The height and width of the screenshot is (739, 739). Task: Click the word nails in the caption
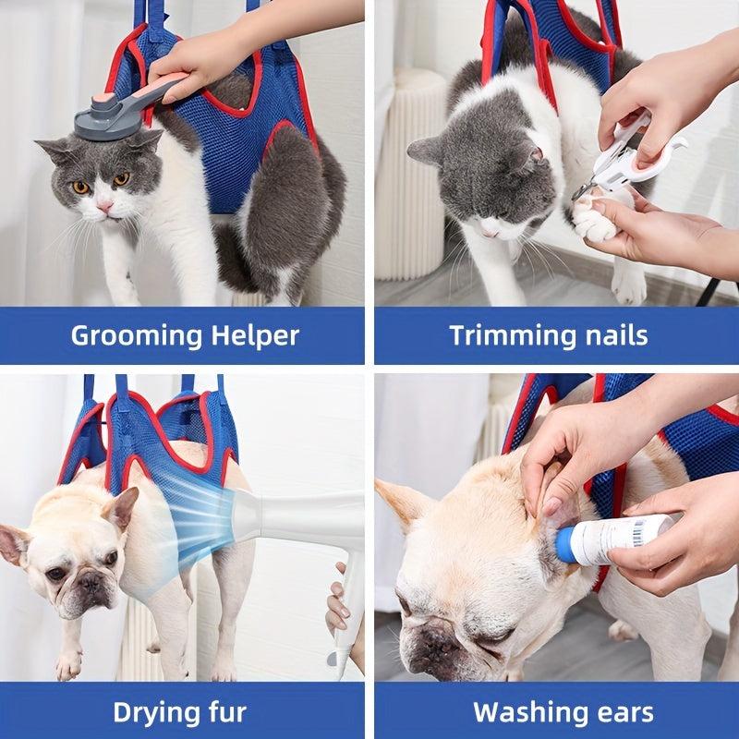[x=615, y=334]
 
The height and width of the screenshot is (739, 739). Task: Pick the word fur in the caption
[x=225, y=711]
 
